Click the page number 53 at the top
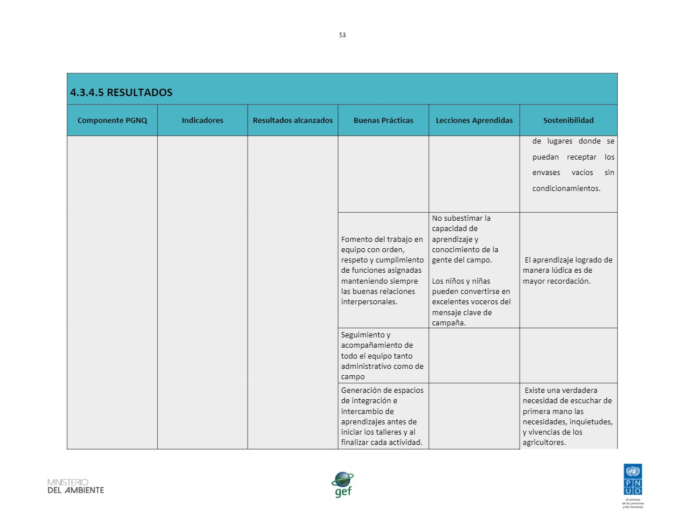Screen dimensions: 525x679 point(342,35)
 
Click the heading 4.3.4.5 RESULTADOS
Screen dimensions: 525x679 point(121,93)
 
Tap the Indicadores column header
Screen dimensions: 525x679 point(202,120)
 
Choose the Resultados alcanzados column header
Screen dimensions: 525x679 point(293,120)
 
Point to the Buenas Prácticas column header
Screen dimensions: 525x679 point(383,120)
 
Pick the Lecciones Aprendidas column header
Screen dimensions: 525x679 point(474,120)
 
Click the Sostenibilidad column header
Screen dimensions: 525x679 point(568,120)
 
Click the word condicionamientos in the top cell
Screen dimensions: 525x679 point(566,188)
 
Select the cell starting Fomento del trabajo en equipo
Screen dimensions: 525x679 point(382,271)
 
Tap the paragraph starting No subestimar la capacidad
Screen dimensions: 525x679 point(465,239)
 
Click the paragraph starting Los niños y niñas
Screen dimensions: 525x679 point(471,302)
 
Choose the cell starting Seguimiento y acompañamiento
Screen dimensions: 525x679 point(382,356)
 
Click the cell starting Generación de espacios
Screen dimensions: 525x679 point(382,416)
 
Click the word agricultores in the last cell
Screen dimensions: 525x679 point(544,443)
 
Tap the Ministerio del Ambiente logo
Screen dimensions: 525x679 point(75,486)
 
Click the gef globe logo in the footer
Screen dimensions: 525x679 point(343,484)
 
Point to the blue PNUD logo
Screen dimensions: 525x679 point(633,480)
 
